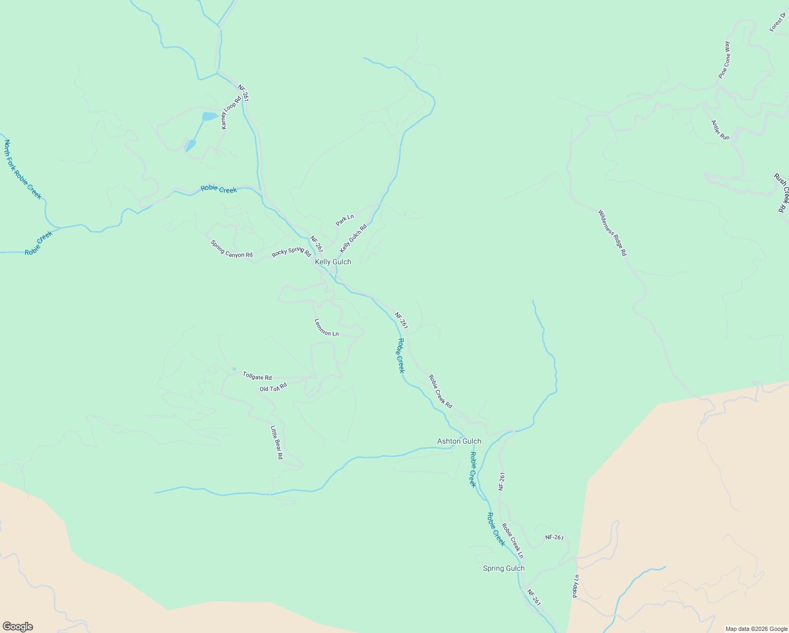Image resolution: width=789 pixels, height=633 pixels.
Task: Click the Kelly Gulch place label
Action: point(333,262)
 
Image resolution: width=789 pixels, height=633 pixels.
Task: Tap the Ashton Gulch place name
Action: point(459,441)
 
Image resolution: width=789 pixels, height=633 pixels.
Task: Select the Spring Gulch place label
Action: point(504,568)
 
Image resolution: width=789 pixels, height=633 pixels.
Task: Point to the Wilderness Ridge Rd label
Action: point(612,233)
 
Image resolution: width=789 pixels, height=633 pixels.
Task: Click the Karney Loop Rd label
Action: point(230,112)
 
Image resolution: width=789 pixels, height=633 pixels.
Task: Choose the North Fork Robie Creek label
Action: point(22,169)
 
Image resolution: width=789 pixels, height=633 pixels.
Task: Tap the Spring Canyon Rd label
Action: point(232,249)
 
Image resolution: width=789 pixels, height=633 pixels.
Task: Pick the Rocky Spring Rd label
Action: point(291,252)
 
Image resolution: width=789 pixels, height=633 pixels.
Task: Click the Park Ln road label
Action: point(345,220)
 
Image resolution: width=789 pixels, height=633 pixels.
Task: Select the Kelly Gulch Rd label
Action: point(353,238)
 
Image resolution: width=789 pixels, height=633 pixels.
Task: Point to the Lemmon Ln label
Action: point(326,328)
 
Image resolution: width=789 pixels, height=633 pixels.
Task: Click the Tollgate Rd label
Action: point(257,376)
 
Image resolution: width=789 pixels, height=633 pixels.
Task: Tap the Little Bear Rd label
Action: point(277,442)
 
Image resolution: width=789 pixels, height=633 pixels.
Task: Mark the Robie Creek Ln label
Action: point(513,541)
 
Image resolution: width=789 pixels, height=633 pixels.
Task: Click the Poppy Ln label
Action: point(576,586)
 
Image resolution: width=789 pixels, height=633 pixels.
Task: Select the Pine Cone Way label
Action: point(724,60)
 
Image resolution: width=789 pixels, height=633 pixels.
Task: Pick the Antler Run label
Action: point(720,130)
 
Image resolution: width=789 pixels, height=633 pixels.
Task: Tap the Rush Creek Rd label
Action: point(782,193)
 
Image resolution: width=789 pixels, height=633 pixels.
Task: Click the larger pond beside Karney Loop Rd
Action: point(209,116)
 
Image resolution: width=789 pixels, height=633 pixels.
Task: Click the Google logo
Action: point(17,627)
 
